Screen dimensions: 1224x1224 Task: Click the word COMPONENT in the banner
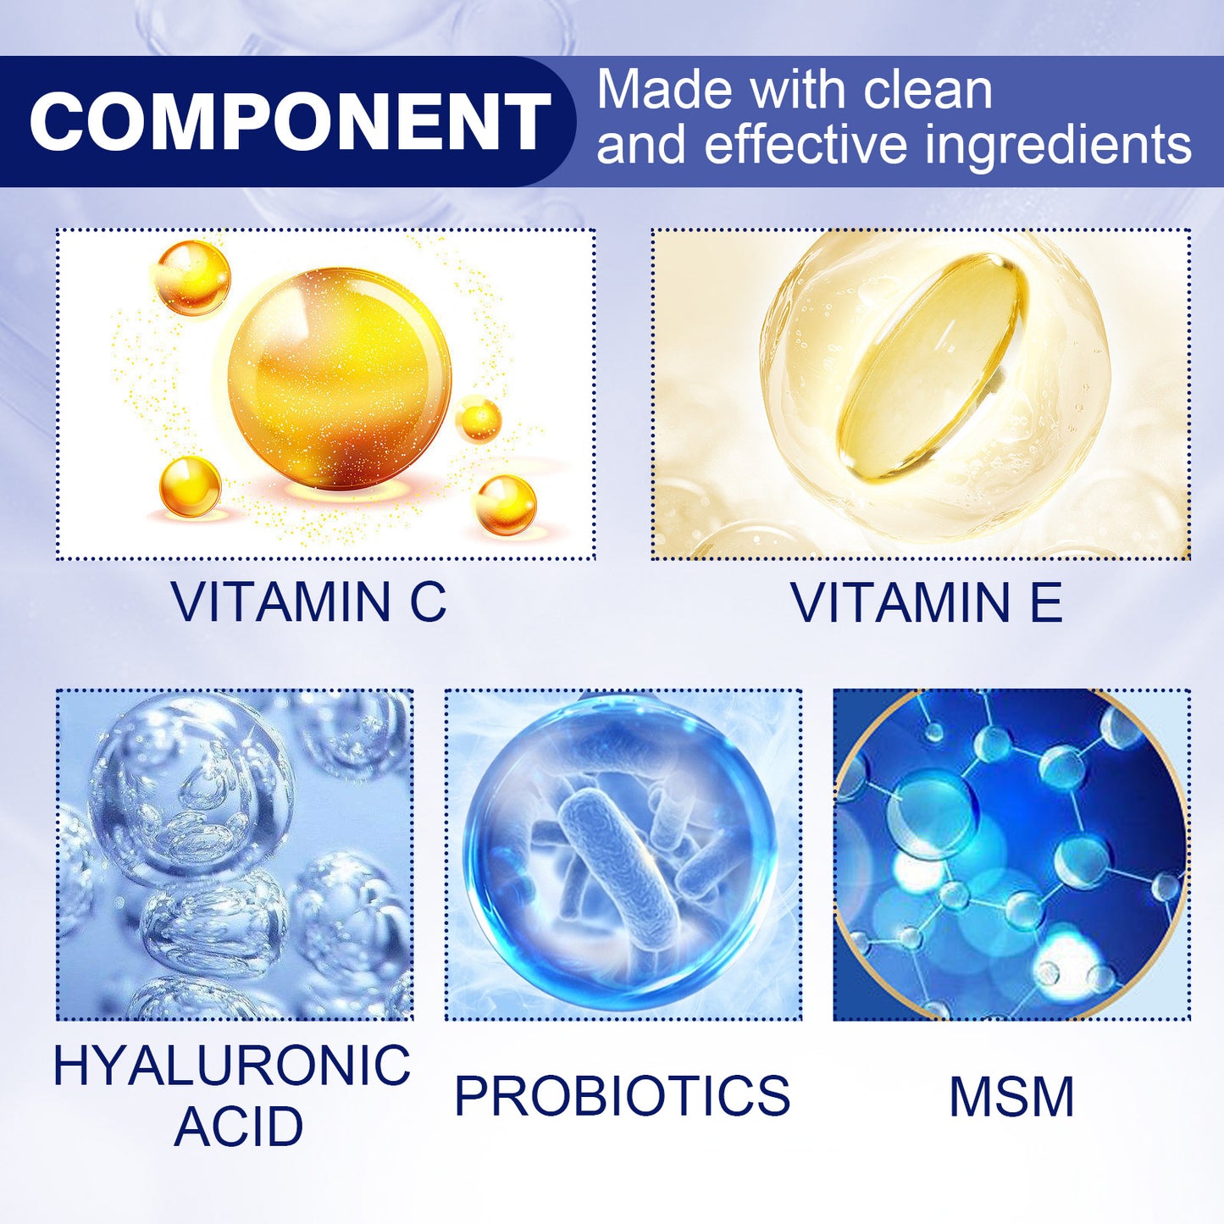point(290,121)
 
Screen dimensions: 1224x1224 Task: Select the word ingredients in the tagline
point(1058,144)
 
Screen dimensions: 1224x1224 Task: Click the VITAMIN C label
point(308,602)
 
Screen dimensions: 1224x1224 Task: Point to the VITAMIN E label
point(926,602)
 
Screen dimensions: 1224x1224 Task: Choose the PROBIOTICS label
point(622,1095)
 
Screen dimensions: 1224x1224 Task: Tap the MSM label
point(1011,1097)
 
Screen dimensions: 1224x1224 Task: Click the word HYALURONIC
point(231,1065)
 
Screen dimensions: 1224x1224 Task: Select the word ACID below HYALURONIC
point(239,1127)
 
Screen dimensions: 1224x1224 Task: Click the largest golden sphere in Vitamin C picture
point(339,379)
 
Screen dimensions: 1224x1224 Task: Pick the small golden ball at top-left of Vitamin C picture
point(192,278)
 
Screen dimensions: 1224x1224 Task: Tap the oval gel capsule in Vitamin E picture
point(933,367)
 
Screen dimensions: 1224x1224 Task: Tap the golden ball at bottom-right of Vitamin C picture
point(505,505)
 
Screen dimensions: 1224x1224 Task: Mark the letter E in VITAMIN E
point(1046,602)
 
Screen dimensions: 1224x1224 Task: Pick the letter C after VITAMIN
point(428,602)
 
